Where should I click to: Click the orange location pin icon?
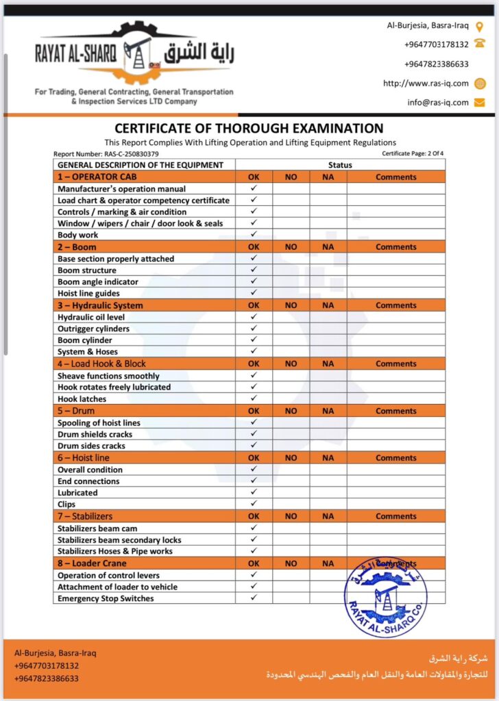pos(480,26)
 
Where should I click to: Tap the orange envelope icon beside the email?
pos(480,103)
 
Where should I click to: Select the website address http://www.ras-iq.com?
pos(426,84)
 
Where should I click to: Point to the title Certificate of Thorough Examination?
pos(249,128)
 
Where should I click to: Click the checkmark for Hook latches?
pos(254,398)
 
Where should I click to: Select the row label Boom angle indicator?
pos(97,281)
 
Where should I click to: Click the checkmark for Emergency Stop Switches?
pos(254,598)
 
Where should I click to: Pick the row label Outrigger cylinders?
pos(95,329)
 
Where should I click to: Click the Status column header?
pos(340,165)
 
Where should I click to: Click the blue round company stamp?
pos(385,596)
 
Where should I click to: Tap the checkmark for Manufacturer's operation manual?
pos(254,188)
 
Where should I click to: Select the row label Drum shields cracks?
pos(95,434)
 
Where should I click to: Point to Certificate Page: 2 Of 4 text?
pos(413,154)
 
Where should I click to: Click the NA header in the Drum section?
pos(328,411)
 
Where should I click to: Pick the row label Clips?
pos(67,504)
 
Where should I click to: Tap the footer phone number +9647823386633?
pos(47,678)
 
